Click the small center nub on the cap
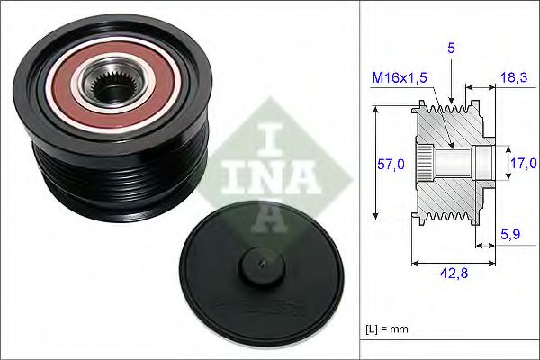(x=258, y=264)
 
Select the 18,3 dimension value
(x=516, y=79)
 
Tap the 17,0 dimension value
(x=521, y=162)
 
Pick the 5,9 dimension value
(x=510, y=235)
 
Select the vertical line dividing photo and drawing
(x=360, y=180)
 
